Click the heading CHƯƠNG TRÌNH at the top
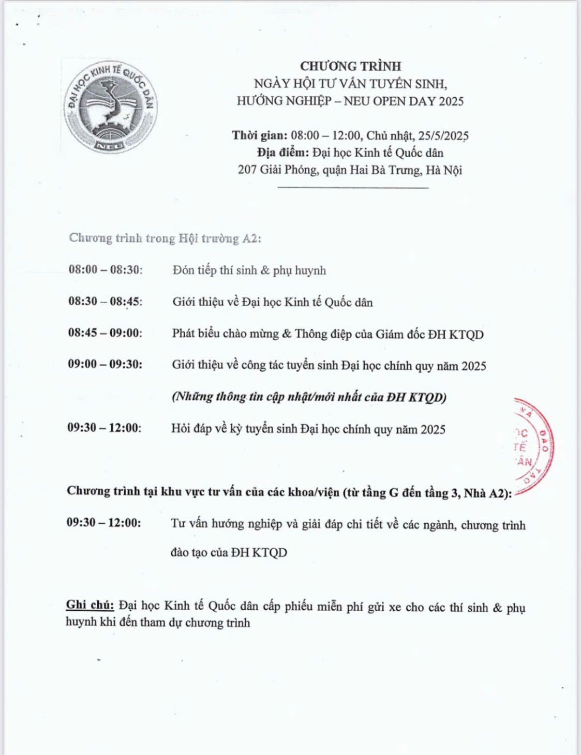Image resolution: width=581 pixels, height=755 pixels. coord(350,66)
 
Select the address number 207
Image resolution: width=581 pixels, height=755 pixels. coord(247,170)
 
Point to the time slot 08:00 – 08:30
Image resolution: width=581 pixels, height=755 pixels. coord(105,269)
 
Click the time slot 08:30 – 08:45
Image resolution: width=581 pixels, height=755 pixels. coord(105,301)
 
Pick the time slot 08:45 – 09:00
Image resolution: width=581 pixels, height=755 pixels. coord(105,333)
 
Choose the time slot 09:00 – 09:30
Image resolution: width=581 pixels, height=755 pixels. coord(105,364)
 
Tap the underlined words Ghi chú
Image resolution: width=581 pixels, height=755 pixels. coord(90,605)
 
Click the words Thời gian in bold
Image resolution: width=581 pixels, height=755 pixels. coord(259,135)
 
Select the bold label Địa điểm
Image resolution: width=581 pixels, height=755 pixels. coord(282,153)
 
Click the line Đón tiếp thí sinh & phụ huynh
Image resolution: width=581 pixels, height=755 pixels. coord(249,270)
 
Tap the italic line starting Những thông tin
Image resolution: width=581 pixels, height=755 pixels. coord(309,397)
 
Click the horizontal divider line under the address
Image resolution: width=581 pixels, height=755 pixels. coord(353,187)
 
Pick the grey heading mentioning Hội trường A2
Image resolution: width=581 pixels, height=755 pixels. coord(165,238)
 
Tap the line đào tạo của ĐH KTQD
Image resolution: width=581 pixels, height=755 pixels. coord(229,552)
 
